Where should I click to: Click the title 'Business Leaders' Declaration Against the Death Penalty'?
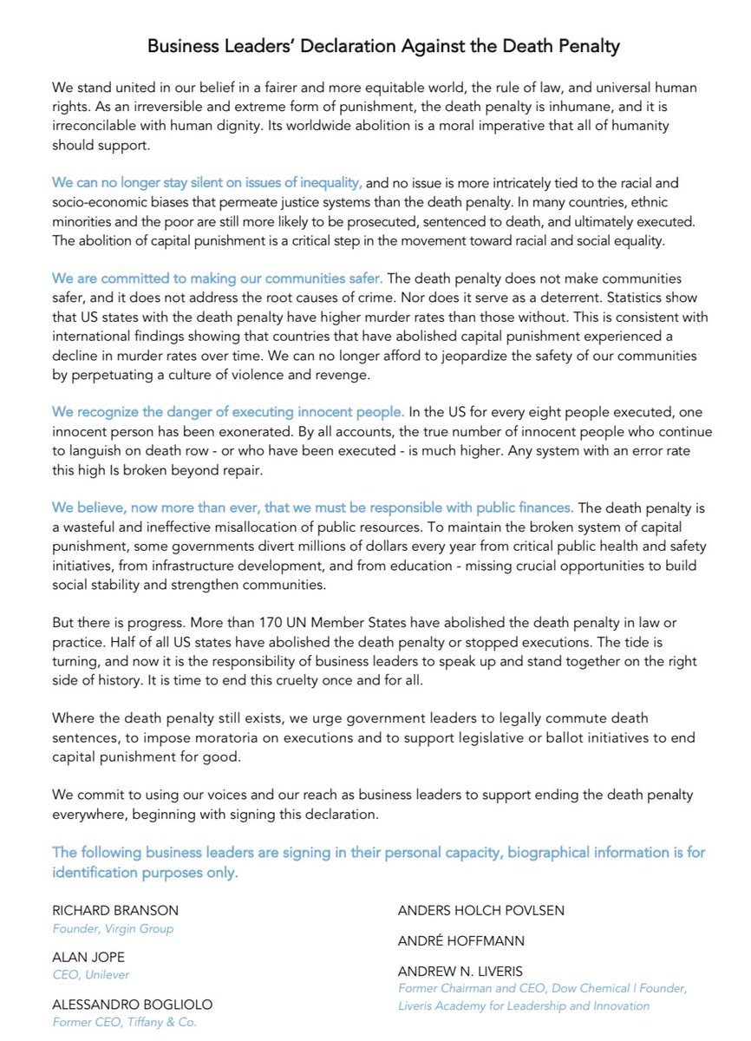tap(383, 47)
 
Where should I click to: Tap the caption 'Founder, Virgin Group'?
tap(113, 929)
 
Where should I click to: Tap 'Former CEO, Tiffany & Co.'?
tap(125, 1023)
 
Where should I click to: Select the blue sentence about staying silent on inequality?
tap(207, 183)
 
